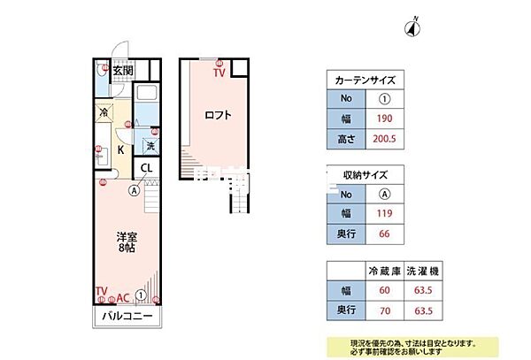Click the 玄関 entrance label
click(x=122, y=72)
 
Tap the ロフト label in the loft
click(x=218, y=114)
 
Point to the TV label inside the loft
click(x=219, y=72)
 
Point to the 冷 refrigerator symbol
click(x=104, y=113)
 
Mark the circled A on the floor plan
click(x=134, y=189)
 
